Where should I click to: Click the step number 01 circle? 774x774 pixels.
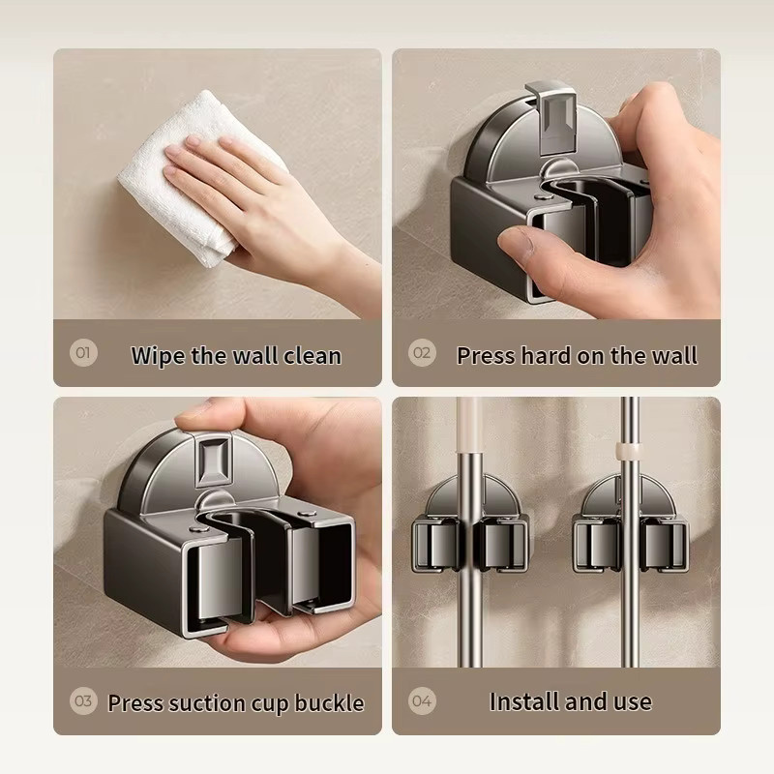point(83,352)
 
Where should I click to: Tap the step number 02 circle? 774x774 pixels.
point(422,352)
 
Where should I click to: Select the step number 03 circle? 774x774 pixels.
point(83,700)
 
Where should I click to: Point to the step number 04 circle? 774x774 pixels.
point(422,700)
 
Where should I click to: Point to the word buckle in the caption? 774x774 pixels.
point(330,703)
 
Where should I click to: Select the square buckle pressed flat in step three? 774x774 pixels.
point(214,460)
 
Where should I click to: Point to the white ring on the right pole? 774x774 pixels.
point(628,449)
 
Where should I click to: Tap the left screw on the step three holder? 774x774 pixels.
point(198,530)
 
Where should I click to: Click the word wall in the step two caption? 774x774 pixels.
point(675,355)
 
